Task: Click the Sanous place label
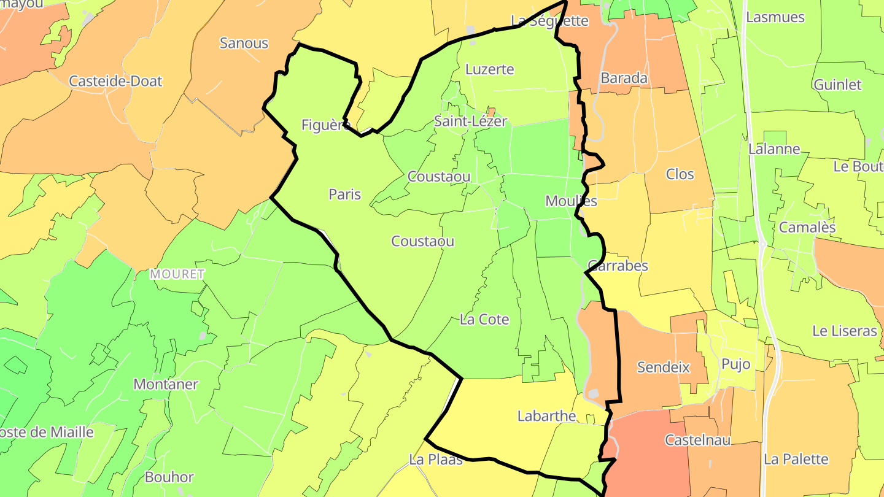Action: point(244,43)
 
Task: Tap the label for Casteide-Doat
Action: point(115,81)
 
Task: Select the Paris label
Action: point(344,195)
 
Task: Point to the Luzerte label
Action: point(489,69)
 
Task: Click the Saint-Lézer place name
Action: point(470,121)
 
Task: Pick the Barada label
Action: point(624,79)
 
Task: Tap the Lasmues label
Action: point(775,17)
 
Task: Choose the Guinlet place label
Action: point(837,85)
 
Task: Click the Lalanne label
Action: point(774,149)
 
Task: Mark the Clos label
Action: point(680,174)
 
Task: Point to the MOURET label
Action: point(177,274)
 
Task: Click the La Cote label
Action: point(484,320)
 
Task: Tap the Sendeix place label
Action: point(664,368)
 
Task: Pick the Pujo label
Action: point(735,364)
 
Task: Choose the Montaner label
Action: point(166,385)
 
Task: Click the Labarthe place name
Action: point(546,416)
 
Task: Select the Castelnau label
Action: point(698,440)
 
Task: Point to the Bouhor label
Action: point(169,477)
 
